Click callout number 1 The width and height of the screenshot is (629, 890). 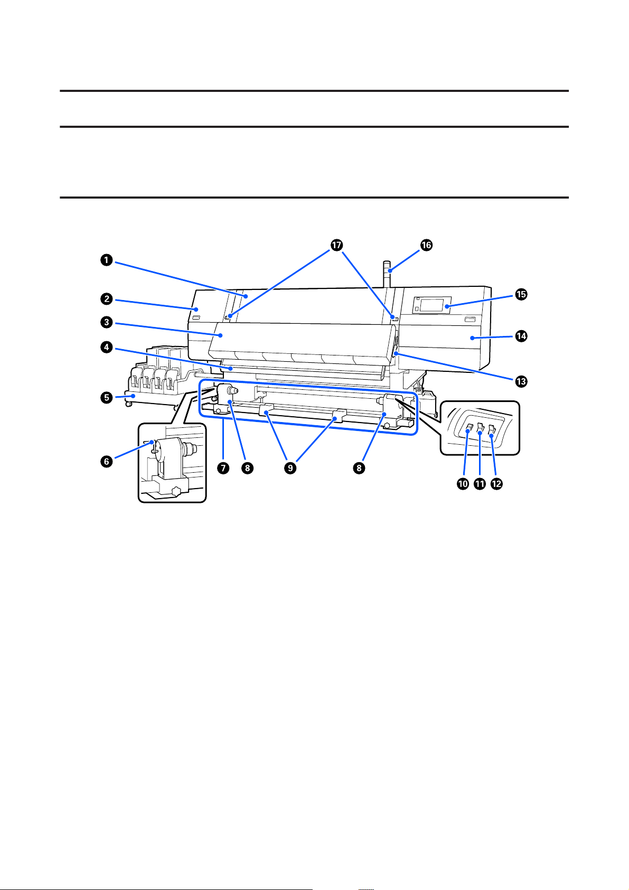click(107, 259)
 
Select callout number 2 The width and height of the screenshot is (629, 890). click(107, 299)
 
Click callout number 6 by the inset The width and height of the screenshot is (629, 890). click(107, 461)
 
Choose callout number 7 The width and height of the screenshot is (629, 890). click(226, 468)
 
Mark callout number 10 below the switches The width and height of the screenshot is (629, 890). click(463, 484)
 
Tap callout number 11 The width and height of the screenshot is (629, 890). click(480, 484)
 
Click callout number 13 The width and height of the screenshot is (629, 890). click(521, 381)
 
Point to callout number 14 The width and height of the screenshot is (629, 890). click(521, 336)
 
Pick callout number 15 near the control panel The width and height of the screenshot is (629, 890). click(521, 295)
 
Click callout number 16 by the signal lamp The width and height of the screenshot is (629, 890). click(426, 245)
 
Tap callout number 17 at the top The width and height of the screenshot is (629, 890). click(336, 245)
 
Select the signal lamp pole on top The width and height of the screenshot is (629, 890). click(389, 275)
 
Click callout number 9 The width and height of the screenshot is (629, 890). click(289, 468)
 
